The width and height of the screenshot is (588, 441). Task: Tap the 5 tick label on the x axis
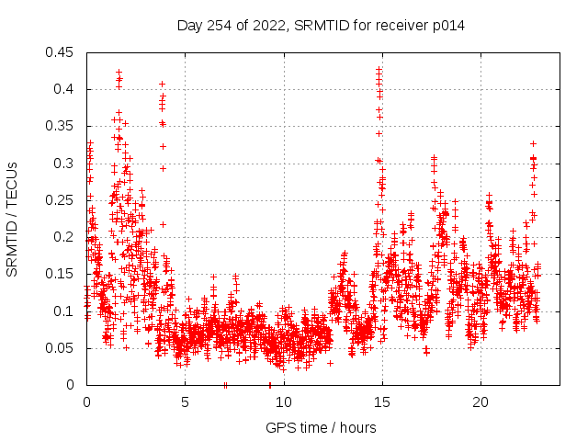pyautogui.click(x=185, y=402)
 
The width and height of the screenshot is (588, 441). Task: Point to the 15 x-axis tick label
pyautogui.click(x=381, y=402)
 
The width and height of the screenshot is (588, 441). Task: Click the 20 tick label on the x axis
pyautogui.click(x=480, y=402)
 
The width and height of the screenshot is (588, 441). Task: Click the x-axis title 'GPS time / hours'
pyautogui.click(x=322, y=427)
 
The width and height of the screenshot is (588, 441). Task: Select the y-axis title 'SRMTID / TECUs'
pyautogui.click(x=12, y=219)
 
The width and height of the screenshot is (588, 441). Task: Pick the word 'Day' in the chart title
pyautogui.click(x=190, y=26)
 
